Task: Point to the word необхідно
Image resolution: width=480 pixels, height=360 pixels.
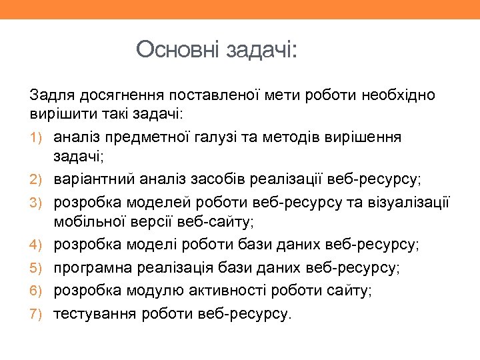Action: click(x=399, y=95)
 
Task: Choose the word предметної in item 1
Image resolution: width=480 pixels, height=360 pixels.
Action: click(x=151, y=137)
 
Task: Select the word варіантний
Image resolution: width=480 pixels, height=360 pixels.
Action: click(x=95, y=179)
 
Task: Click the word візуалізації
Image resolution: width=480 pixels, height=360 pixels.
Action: click(x=409, y=201)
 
